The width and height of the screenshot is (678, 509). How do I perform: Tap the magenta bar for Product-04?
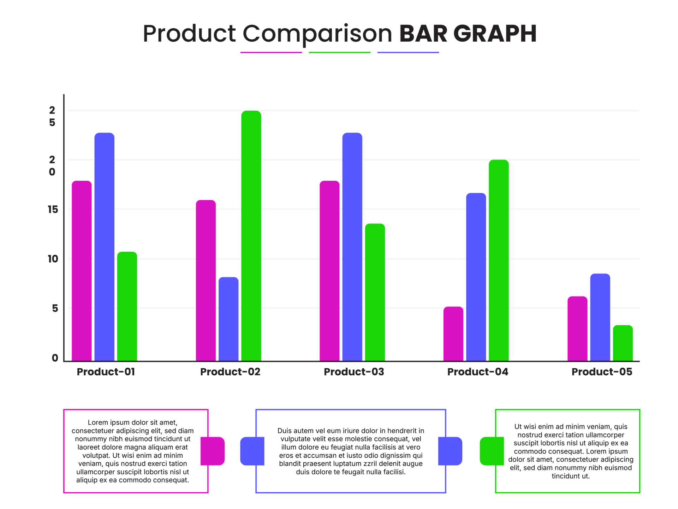[453, 334]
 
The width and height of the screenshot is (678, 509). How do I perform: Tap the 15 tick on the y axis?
[53, 210]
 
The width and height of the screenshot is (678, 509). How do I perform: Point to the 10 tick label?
[53, 259]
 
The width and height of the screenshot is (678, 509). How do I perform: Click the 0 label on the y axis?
[55, 358]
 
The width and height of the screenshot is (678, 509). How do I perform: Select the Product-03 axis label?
[354, 372]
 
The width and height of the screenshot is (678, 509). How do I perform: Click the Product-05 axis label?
[602, 372]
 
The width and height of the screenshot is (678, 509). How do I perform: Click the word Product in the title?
[189, 34]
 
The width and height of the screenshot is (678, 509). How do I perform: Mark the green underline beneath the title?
[339, 52]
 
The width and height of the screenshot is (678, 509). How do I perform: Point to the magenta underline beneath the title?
[271, 52]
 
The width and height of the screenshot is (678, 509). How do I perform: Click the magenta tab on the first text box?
[213, 451]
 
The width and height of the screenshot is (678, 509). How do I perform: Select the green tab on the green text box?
[492, 451]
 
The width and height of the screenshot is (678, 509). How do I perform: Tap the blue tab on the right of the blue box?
[450, 451]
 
